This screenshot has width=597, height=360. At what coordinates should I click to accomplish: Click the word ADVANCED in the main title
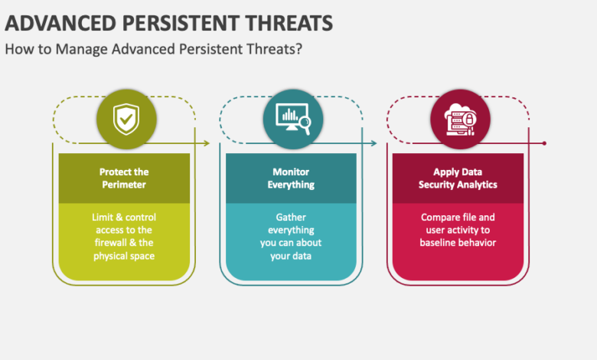pos(54,23)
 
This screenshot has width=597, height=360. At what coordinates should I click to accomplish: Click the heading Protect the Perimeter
pos(124,178)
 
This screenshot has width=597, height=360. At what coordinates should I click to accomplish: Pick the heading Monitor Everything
pos(291,178)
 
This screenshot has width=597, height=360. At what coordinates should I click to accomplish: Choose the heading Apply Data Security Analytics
pos(458,178)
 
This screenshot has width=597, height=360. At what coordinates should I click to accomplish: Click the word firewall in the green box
pos(106,243)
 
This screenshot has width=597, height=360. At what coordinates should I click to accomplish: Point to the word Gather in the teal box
pos(291,217)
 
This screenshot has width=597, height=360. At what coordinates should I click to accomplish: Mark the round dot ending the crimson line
pos(544,143)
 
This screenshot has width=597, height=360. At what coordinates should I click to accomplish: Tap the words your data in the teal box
pos(291,256)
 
